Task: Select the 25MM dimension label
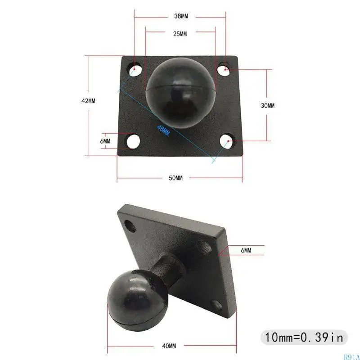click(x=180, y=35)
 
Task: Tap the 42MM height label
click(x=88, y=101)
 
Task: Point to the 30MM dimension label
click(x=267, y=105)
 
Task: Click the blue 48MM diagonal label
click(x=163, y=130)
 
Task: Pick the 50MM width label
click(x=175, y=178)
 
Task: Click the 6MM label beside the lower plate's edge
click(x=246, y=250)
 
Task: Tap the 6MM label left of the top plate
click(x=105, y=141)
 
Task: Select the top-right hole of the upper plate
click(x=225, y=70)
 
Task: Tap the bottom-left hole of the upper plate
click(x=133, y=141)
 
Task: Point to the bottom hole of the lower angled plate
click(x=217, y=306)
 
